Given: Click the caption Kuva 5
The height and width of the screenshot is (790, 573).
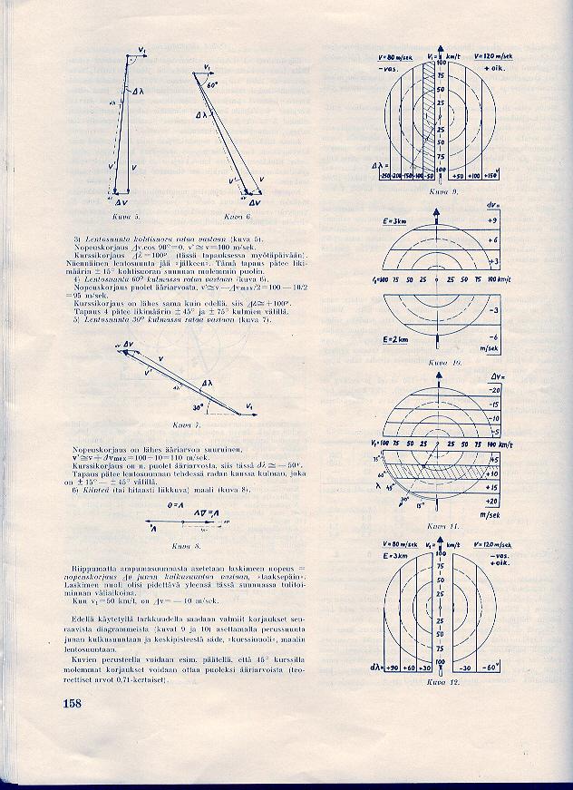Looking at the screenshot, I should tap(126, 219).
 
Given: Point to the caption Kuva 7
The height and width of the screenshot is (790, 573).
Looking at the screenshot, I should tap(186, 424).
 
